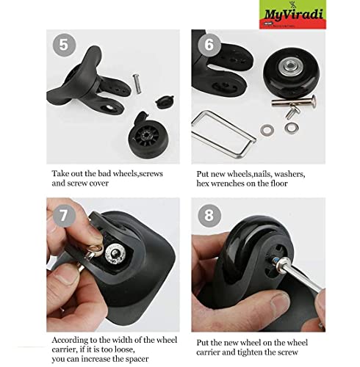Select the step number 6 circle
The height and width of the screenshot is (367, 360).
[208, 45]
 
